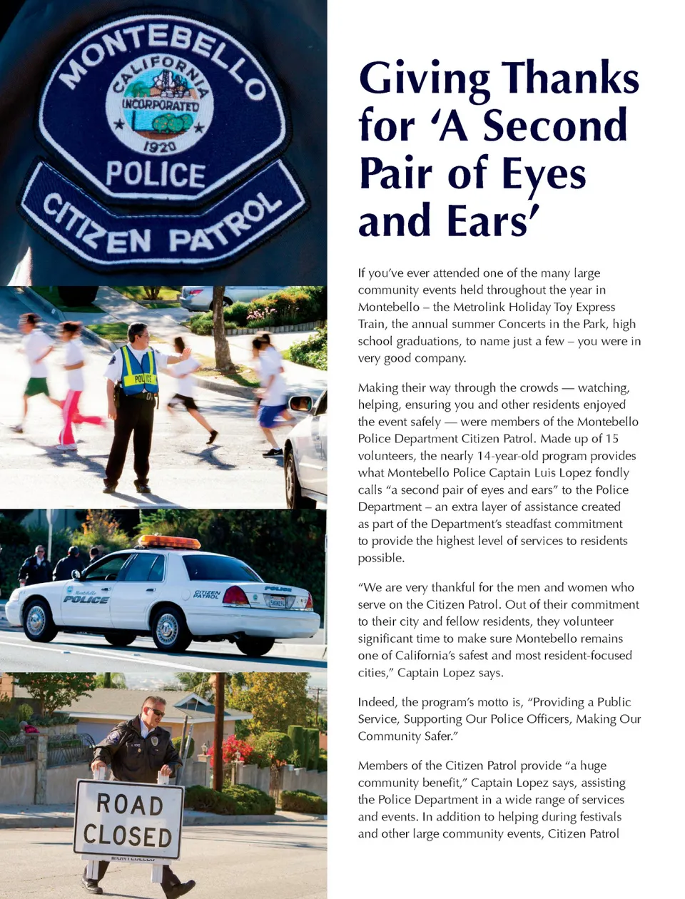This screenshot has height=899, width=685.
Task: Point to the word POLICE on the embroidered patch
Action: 156,175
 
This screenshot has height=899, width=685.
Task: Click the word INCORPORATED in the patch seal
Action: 160,104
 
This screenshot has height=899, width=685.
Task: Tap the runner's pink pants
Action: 71,417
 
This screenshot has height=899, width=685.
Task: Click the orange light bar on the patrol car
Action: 169,542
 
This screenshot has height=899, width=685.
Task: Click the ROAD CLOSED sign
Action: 128,820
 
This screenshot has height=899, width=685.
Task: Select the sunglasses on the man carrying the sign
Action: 155,712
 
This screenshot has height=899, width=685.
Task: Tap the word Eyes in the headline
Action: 544,174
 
